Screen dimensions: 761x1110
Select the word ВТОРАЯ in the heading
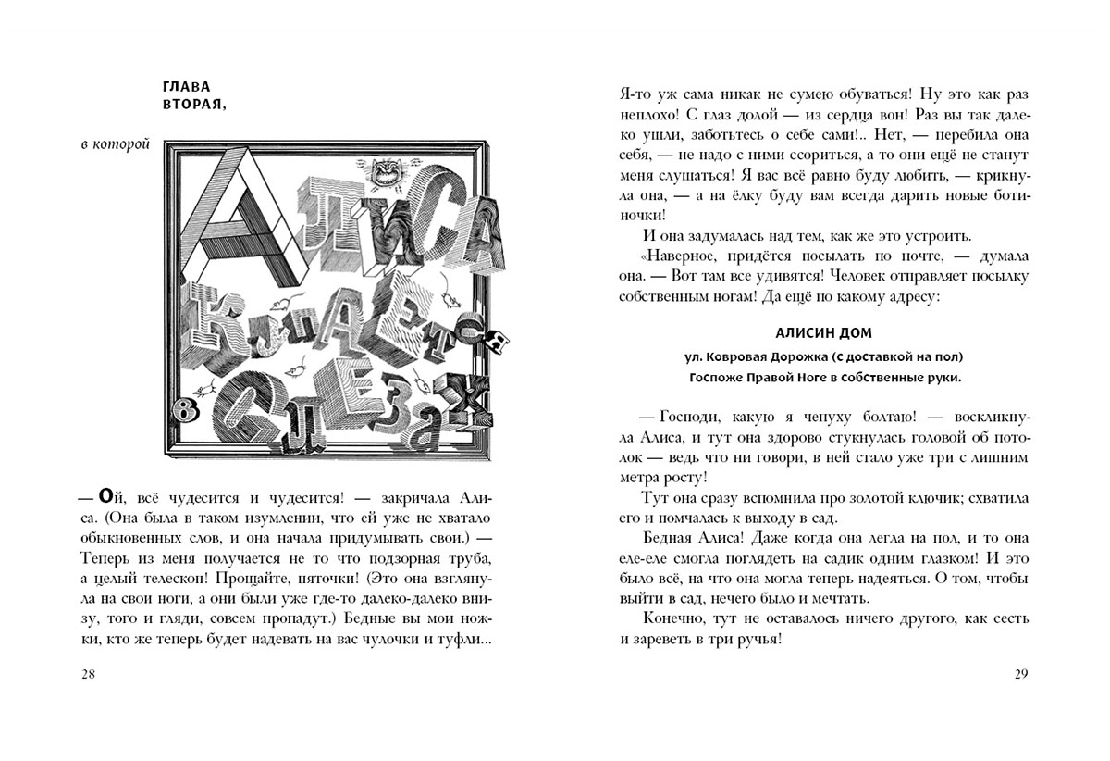(192, 106)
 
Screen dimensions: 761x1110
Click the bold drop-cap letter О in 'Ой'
(106, 495)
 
